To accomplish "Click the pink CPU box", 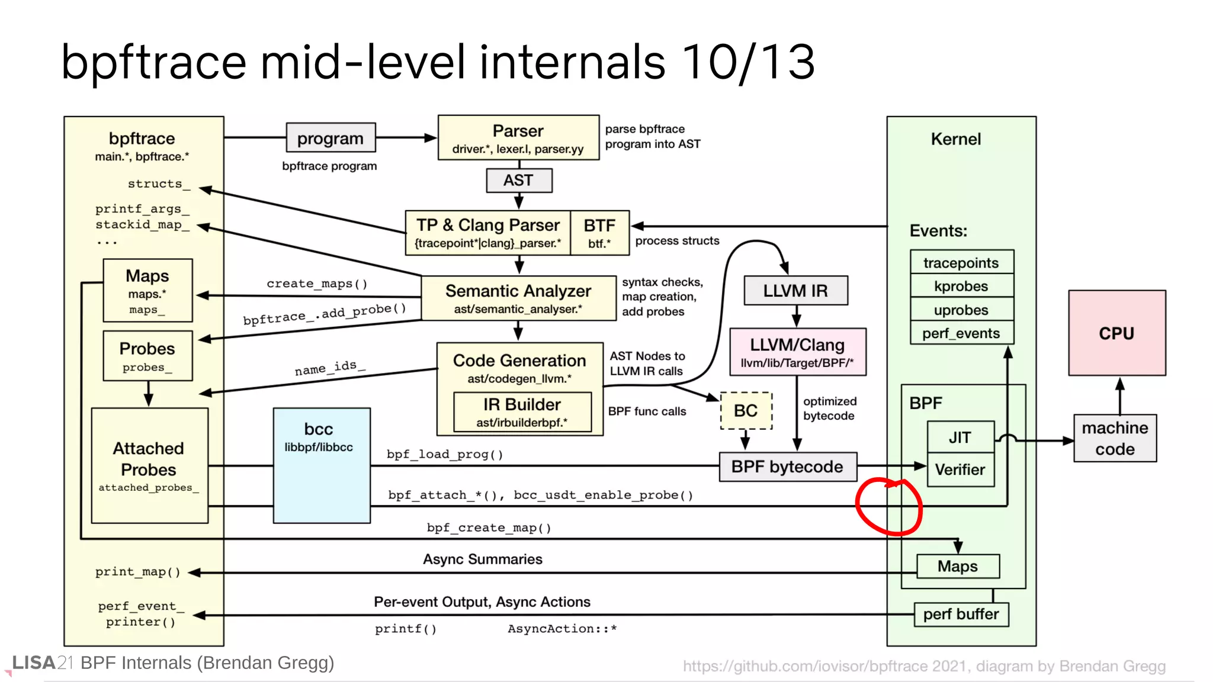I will point(1116,333).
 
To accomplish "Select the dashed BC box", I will point(746,410).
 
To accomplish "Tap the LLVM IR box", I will point(795,291).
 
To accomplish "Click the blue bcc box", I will point(322,465).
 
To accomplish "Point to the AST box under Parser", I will point(518,181).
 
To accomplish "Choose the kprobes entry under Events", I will point(961,286).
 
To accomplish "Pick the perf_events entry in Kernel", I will point(961,333).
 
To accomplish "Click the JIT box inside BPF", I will point(960,437).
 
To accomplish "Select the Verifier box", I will point(960,469).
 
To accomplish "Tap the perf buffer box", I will point(961,614).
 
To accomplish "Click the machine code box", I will point(1115,438).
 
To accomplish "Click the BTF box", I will point(599,233).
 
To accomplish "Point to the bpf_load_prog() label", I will point(445,455).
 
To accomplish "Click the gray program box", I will point(330,138).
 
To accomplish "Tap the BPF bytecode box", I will point(787,467).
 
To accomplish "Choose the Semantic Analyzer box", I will point(518,298).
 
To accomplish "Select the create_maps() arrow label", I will point(317,284).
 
